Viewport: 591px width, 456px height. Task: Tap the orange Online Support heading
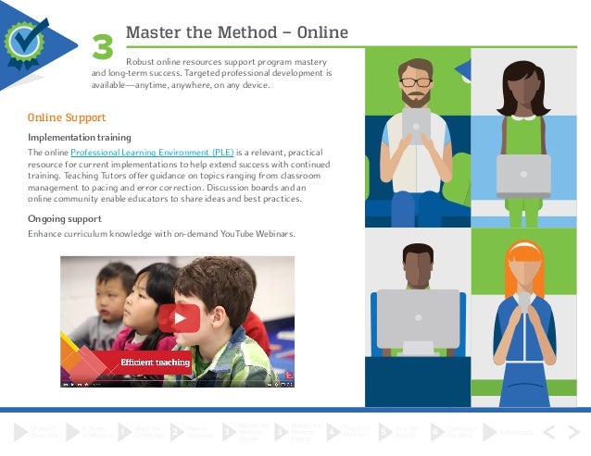point(67,118)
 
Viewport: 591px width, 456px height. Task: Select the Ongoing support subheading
point(65,218)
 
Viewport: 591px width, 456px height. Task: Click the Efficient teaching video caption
point(154,363)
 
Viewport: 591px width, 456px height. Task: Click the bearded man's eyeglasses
point(417,81)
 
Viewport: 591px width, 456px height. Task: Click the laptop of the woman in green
point(523,176)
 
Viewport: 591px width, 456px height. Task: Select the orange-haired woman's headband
point(524,250)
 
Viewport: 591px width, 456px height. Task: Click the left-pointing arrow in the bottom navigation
point(548,431)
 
